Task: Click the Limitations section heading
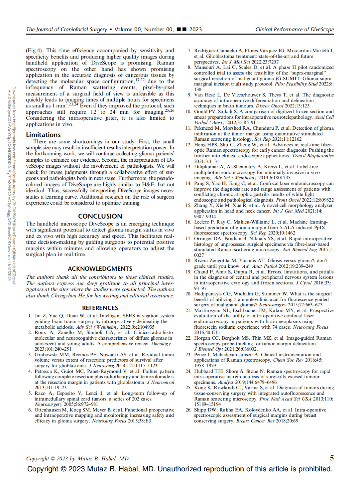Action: coord(43,135)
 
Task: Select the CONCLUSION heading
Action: coord(100,216)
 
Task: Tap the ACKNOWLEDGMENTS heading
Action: coord(100,269)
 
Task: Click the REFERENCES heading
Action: coord(100,308)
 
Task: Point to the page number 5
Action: coord(331,458)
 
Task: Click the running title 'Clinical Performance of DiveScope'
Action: coord(295,29)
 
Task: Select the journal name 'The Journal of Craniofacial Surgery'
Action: coord(66,29)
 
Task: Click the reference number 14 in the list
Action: coord(188,183)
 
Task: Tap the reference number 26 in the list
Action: coord(188,410)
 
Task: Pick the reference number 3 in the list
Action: coord(30,355)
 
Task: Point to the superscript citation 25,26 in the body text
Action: coord(170,110)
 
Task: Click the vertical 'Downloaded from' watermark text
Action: coord(14,183)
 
